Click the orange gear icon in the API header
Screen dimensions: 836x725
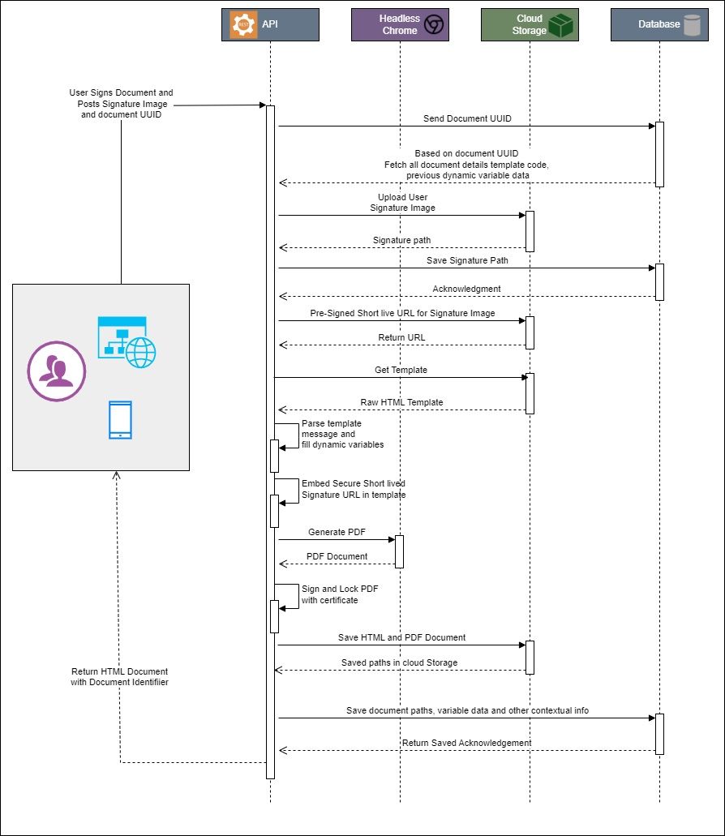(243, 24)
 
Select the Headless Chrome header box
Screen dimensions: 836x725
(400, 24)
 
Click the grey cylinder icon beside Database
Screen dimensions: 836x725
(692, 24)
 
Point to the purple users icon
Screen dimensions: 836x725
(57, 371)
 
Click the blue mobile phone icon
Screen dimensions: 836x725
(120, 420)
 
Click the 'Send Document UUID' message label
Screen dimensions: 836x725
(467, 118)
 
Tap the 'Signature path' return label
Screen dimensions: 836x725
(402, 240)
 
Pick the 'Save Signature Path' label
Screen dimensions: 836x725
(467, 260)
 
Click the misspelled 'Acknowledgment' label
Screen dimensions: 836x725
(466, 289)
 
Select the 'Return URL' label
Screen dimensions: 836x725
(401, 337)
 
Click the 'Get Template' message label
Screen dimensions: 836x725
(401, 370)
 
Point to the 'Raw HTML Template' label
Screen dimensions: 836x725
(401, 402)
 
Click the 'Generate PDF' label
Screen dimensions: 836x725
(337, 532)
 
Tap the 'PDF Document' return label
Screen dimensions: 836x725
(337, 556)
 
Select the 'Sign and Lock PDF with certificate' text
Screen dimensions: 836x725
(329, 594)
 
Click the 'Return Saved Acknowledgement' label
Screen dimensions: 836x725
(466, 743)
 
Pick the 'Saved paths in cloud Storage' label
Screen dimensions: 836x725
(399, 662)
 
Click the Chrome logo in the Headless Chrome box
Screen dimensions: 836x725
(434, 25)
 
